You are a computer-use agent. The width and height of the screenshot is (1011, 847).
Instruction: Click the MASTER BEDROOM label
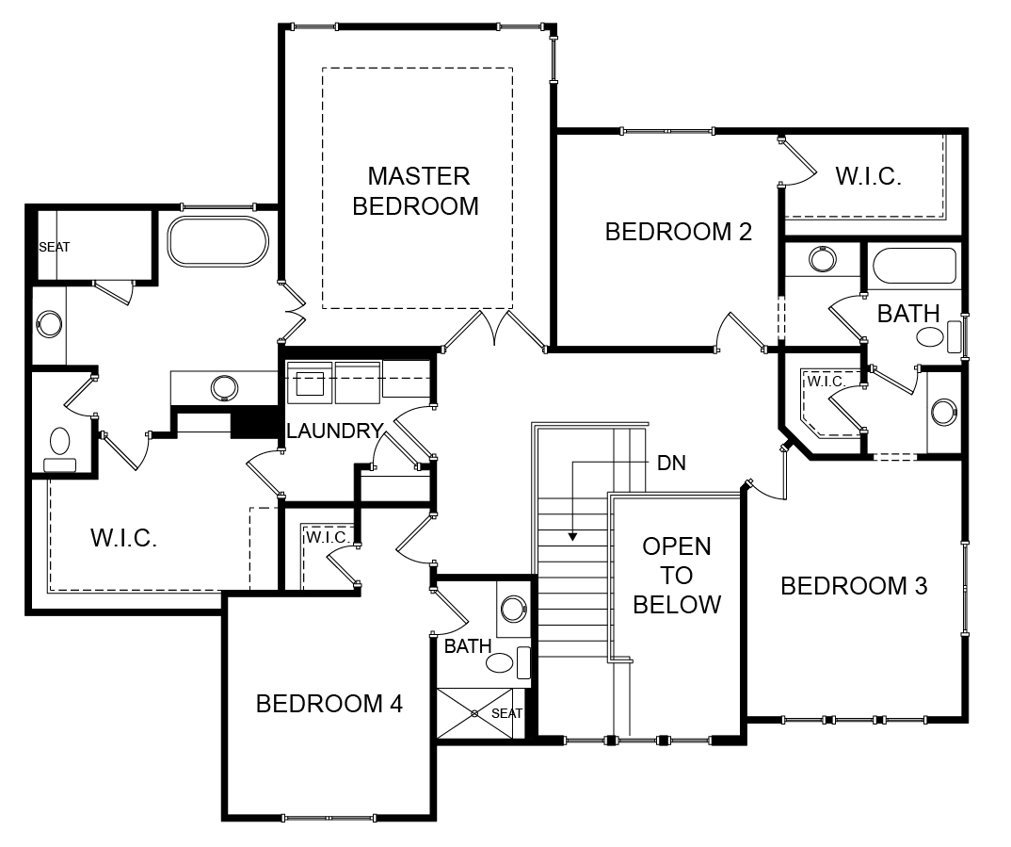point(417,190)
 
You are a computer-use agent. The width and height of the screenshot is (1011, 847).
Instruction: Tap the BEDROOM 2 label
point(678,232)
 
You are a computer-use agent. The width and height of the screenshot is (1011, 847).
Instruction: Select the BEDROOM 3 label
point(854,586)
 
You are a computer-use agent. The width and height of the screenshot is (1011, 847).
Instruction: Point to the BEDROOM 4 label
point(329,704)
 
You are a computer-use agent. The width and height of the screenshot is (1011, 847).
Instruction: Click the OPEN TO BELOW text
point(677,575)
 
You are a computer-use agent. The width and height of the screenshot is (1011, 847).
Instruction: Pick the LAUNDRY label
point(334,432)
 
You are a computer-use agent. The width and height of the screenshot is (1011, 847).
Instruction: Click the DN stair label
point(671,463)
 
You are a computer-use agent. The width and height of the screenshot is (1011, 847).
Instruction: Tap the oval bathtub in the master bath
point(217,242)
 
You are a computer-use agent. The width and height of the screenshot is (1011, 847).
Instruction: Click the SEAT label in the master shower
point(55,247)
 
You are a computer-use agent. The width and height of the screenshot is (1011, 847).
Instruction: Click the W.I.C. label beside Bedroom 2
point(869,175)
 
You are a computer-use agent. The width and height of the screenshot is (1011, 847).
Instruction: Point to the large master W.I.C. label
point(123,538)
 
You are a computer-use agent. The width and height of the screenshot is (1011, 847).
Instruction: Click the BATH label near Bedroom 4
point(468,646)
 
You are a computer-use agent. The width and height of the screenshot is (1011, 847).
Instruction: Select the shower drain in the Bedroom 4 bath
point(475,713)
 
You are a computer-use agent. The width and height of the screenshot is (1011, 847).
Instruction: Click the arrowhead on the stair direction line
point(571,538)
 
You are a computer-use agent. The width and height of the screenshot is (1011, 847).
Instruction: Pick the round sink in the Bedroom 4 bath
point(514,609)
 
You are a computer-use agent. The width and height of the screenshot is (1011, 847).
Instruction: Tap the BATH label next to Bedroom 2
point(908,314)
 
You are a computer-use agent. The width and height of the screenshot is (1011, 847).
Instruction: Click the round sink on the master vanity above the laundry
point(224,386)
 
